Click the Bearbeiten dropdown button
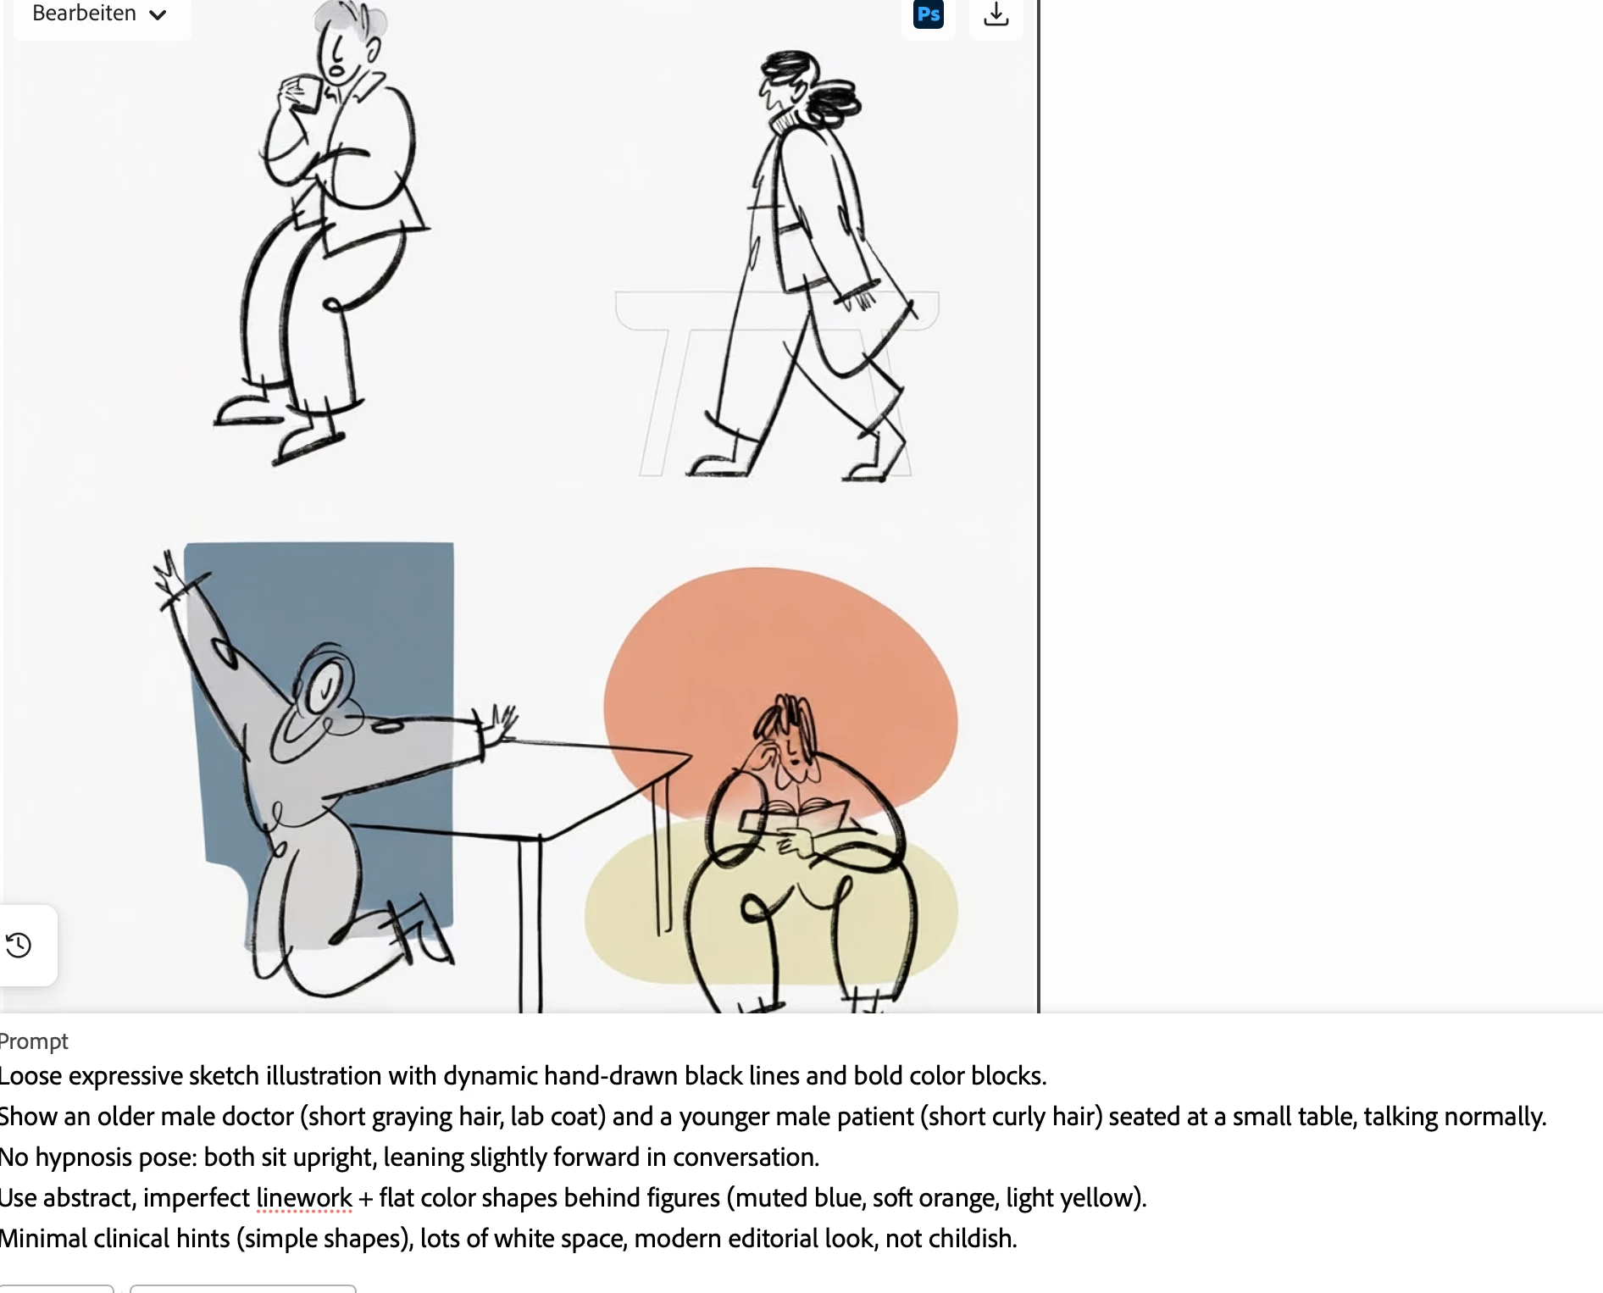click(x=100, y=14)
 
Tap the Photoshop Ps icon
click(x=929, y=14)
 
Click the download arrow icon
click(x=996, y=14)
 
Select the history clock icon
click(x=19, y=945)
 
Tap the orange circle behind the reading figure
click(x=779, y=695)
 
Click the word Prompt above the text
click(x=34, y=1041)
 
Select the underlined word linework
click(x=304, y=1198)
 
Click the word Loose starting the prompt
click(x=31, y=1076)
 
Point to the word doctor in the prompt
click(x=258, y=1117)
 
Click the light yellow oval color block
click(x=771, y=907)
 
